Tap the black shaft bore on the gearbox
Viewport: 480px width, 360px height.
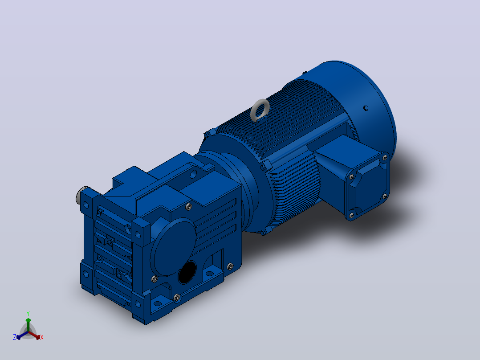click(x=187, y=272)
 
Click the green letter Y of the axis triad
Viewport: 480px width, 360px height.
click(x=28, y=314)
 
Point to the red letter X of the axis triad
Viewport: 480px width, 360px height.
click(x=42, y=337)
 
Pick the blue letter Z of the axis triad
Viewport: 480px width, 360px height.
click(x=15, y=337)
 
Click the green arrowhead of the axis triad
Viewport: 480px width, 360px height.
click(x=28, y=320)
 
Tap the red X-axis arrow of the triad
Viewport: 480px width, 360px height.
click(x=34, y=335)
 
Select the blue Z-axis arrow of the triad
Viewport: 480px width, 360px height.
click(x=22, y=335)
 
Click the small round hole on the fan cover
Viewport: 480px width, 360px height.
click(x=366, y=108)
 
